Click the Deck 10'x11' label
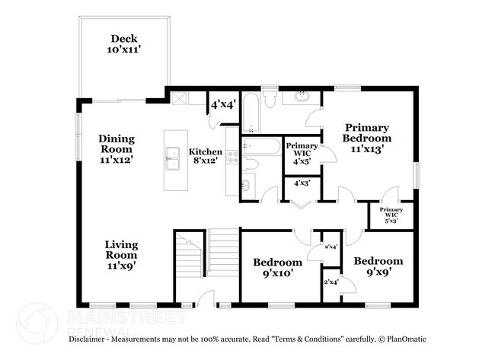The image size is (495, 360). click(x=123, y=44)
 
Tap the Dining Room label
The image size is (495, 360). click(x=117, y=144)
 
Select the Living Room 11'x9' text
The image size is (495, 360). click(x=122, y=255)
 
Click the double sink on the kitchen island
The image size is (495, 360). click(x=172, y=158)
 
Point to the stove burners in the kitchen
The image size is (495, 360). click(x=234, y=157)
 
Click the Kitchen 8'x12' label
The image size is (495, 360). click(x=205, y=156)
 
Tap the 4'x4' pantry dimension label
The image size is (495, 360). click(x=223, y=104)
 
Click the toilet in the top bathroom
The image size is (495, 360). click(x=270, y=99)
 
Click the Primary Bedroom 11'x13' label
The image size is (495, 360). click(x=367, y=138)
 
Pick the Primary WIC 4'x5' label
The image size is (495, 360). click(x=302, y=154)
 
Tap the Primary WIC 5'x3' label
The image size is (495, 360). click(x=391, y=215)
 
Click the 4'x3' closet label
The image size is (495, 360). click(x=302, y=183)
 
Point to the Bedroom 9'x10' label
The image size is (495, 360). click(x=278, y=267)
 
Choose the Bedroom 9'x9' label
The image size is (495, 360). click(x=378, y=266)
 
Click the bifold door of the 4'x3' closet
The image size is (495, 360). click(x=301, y=205)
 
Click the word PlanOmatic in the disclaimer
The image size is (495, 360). click(x=407, y=339)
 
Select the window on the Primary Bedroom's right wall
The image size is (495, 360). click(x=417, y=175)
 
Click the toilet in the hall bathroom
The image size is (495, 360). click(x=251, y=164)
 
